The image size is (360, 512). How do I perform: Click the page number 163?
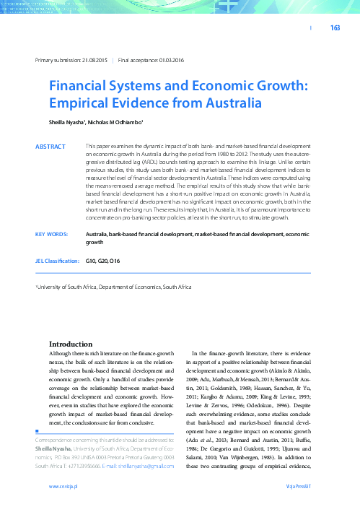(335, 28)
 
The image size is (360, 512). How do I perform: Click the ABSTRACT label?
(51, 147)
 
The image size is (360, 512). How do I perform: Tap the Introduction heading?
(70, 344)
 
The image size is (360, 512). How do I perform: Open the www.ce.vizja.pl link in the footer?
(63, 487)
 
